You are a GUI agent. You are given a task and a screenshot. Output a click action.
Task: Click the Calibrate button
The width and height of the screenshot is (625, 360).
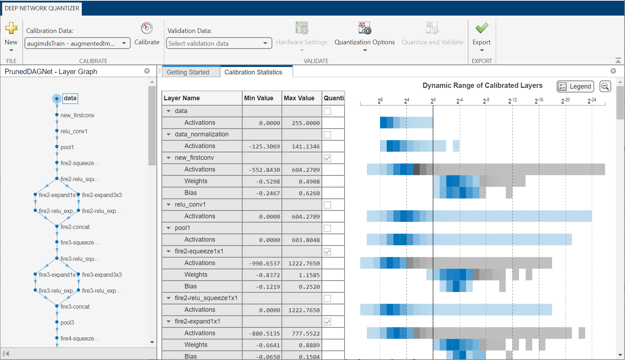[x=147, y=34]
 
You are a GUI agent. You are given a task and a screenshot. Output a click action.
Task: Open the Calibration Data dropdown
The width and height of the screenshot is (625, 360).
[x=124, y=43]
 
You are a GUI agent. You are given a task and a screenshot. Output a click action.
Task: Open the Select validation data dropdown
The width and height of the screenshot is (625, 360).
[x=265, y=43]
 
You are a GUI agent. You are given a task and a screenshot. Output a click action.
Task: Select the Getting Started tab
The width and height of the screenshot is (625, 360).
[x=188, y=72]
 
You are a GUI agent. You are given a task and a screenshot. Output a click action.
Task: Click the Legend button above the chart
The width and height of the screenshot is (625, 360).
[x=575, y=86]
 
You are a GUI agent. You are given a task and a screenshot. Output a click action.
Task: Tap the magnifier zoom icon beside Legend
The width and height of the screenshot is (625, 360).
[x=605, y=86]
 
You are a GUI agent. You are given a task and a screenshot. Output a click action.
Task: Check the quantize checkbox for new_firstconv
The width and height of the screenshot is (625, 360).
[x=328, y=158]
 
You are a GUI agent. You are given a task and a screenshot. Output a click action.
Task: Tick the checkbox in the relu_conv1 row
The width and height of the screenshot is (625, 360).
[x=328, y=205]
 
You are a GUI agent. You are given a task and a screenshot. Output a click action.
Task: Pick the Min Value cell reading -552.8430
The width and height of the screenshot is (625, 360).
[x=262, y=170]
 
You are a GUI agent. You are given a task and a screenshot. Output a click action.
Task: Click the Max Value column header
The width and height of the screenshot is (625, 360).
[x=299, y=98]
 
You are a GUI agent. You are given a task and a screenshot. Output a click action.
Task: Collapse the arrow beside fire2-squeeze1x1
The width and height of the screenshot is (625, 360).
[x=169, y=251]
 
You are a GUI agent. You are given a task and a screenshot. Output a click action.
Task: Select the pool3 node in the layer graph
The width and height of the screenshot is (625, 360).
[x=67, y=322]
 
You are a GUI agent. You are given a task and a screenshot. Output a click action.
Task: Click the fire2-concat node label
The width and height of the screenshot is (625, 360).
[x=75, y=227]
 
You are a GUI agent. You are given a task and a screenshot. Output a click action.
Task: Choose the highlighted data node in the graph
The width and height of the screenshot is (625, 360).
[x=70, y=98]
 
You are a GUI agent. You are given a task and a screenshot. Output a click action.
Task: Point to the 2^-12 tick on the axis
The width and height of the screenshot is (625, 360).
[x=512, y=101]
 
